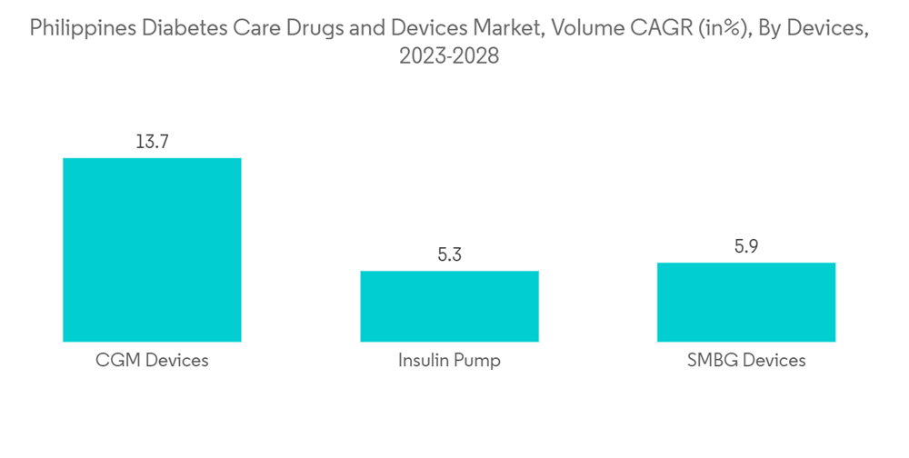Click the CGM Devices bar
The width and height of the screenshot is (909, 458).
click(152, 250)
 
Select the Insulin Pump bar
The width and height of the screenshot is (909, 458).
click(449, 306)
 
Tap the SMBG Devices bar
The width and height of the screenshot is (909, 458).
click(746, 302)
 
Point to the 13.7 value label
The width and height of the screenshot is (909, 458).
click(152, 142)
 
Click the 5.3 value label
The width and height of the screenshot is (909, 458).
click(449, 255)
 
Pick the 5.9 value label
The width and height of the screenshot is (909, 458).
click(746, 246)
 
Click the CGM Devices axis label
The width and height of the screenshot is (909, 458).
click(152, 361)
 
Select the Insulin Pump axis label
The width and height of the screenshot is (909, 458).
click(449, 361)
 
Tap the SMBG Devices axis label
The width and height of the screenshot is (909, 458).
click(746, 361)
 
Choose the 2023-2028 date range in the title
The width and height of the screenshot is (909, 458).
click(449, 56)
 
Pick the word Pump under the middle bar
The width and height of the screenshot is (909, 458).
click(477, 361)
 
